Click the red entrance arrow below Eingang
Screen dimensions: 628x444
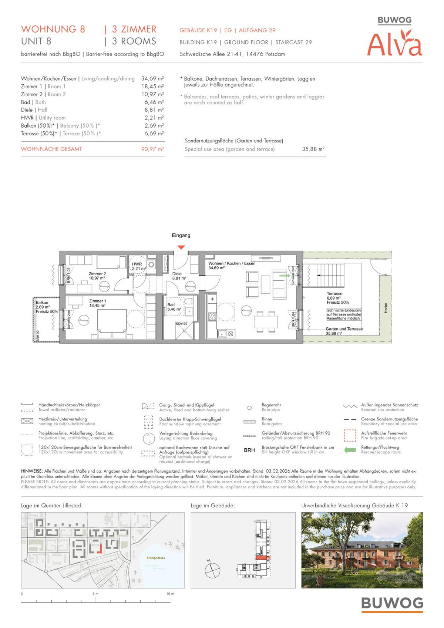[181, 247]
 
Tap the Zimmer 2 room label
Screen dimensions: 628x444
[97, 274]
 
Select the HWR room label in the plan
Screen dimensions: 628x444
[137, 264]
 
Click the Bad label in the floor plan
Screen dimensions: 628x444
[171, 305]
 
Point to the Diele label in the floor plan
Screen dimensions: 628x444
[177, 274]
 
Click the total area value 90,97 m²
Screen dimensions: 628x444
[152, 149]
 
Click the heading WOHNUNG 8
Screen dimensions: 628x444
[53, 29]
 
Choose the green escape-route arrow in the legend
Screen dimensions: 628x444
[350, 450]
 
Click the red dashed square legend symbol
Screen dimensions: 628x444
[350, 435]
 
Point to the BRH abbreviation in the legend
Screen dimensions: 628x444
[249, 450]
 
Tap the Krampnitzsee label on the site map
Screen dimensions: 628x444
[156, 558]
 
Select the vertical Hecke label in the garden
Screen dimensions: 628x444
[386, 308]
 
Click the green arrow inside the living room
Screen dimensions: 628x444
[284, 276]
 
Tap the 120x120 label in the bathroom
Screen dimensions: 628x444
[181, 324]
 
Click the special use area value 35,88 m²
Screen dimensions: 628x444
[313, 149]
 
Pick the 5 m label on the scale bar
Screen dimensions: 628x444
[95, 594]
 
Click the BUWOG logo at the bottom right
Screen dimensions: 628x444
[392, 604]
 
